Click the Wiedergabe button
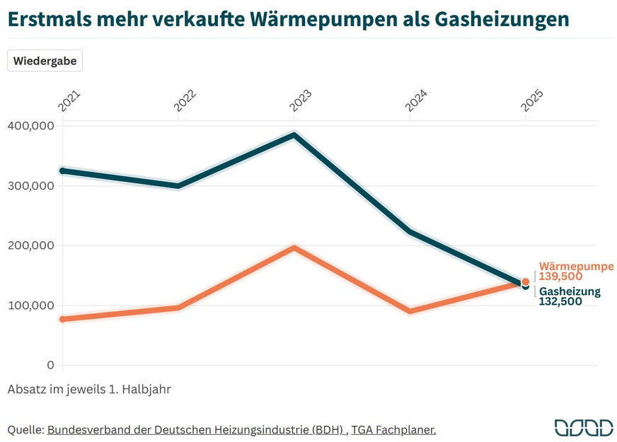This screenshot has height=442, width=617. click(x=45, y=61)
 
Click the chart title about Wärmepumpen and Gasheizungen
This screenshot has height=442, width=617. click(x=288, y=18)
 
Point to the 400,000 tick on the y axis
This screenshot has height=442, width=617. click(x=30, y=126)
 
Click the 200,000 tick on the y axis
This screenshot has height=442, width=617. click(x=30, y=245)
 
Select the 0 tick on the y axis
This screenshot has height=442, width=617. click(x=50, y=365)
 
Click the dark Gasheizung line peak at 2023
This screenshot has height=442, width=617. click(x=294, y=135)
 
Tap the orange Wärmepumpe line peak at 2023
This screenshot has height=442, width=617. click(x=294, y=248)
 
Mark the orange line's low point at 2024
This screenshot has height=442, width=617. click(x=410, y=310)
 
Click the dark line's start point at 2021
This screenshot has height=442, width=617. click(x=63, y=170)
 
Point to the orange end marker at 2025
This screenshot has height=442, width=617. click(x=525, y=281)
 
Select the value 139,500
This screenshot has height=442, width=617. click(x=560, y=277)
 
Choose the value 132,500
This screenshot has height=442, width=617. click(x=560, y=301)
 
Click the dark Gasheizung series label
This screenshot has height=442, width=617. click(x=570, y=291)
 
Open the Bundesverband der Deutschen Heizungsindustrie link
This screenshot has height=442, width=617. click(x=196, y=429)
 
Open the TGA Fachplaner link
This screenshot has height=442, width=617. click(x=393, y=429)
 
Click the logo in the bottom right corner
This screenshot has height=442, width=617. click(x=583, y=427)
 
